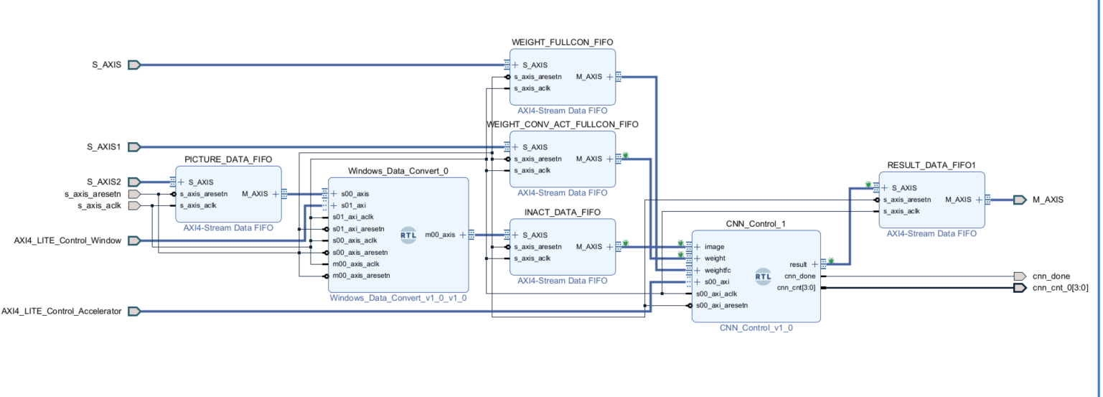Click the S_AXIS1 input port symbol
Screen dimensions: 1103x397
(x=134, y=146)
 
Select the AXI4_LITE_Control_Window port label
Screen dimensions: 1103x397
(x=67, y=240)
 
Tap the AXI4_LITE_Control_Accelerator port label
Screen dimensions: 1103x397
(x=61, y=312)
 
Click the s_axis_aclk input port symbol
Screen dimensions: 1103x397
(x=134, y=205)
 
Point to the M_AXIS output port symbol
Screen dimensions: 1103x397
(x=1020, y=200)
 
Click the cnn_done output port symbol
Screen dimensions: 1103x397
(x=1020, y=276)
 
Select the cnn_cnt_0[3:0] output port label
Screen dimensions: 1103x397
(x=1060, y=288)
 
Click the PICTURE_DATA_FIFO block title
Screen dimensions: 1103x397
(x=228, y=159)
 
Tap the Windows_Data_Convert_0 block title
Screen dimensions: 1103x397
(x=398, y=171)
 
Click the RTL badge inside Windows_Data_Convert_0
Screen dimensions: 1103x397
(x=408, y=235)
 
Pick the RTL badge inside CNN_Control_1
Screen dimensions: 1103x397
(x=763, y=276)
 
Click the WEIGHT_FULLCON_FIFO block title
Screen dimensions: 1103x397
(x=563, y=42)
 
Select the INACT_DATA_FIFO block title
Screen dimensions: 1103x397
(x=563, y=212)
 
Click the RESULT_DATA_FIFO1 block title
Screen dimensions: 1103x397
(x=931, y=166)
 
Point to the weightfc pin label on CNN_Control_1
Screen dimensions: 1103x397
(x=718, y=271)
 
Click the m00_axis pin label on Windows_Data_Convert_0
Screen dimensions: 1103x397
(x=440, y=235)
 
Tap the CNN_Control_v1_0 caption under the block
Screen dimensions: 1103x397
(x=756, y=328)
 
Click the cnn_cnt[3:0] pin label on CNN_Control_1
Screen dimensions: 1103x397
(x=797, y=288)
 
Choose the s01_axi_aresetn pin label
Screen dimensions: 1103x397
(x=359, y=229)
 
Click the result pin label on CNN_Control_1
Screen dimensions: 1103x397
(x=798, y=264)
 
